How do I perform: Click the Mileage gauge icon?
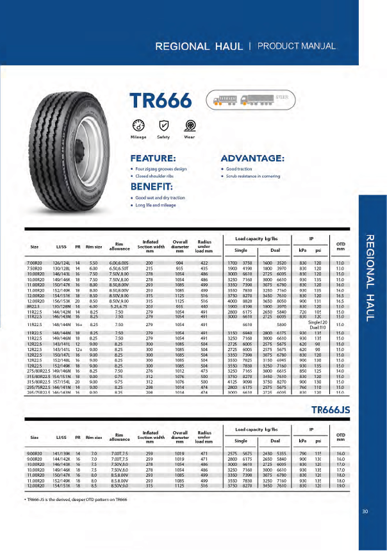[138, 126]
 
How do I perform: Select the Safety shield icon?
[164, 126]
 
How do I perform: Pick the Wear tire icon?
[190, 126]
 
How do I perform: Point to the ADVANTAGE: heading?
[252, 158]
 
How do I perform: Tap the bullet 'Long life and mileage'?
[154, 205]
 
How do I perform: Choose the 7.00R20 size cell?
[34, 263]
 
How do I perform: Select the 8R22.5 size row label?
[33, 307]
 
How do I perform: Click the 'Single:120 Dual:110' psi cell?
[318, 324]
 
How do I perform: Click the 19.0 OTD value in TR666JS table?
[340, 486]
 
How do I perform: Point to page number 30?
[365, 511]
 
